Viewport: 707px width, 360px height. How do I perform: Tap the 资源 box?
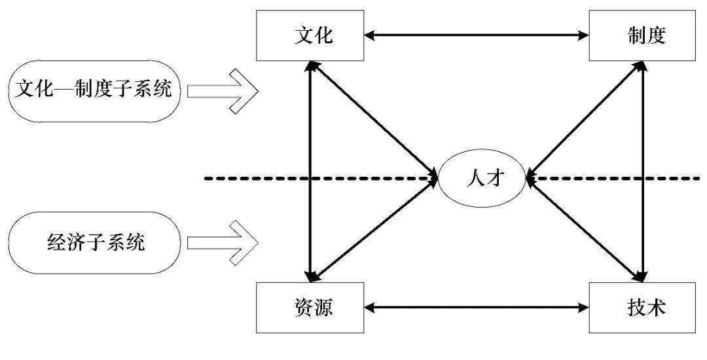[311, 307]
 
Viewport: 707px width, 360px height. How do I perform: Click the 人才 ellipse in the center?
[482, 177]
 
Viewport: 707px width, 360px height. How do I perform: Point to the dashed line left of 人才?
[314, 177]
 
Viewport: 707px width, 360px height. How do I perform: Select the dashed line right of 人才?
[622, 177]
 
